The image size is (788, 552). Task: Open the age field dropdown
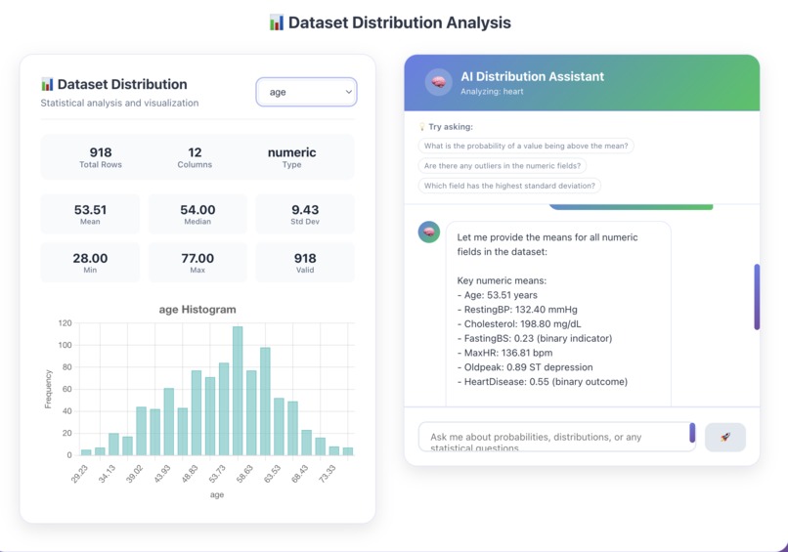(x=306, y=92)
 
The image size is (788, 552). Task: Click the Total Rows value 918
(x=100, y=152)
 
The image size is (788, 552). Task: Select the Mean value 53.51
(x=89, y=209)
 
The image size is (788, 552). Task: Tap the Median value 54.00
(x=197, y=209)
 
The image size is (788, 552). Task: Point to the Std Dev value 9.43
(x=305, y=209)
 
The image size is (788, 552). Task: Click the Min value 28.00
(x=89, y=259)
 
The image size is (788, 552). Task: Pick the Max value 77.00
(x=197, y=259)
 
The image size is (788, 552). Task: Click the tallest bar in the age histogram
(x=238, y=391)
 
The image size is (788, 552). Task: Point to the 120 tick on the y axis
(x=65, y=322)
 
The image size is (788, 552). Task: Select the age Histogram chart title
(x=197, y=310)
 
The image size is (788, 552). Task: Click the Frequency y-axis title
(x=48, y=388)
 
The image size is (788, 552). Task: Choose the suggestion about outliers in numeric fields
(x=502, y=165)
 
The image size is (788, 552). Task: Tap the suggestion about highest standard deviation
(x=508, y=185)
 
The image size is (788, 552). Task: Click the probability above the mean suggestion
(x=526, y=146)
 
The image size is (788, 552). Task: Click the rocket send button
(x=724, y=437)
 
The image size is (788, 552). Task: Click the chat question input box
(x=553, y=437)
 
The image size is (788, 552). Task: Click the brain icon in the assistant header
(x=439, y=82)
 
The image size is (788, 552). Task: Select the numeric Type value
(x=291, y=152)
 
